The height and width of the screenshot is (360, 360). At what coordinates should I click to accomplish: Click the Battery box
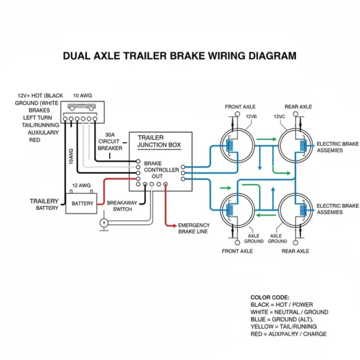(x=82, y=203)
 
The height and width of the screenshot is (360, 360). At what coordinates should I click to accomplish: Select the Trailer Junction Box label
(x=158, y=141)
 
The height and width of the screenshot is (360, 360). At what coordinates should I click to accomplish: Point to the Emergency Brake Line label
(x=194, y=228)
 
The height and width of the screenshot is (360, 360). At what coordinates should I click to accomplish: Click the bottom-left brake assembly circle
(x=237, y=209)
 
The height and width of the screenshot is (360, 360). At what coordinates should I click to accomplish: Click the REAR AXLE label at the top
(x=298, y=107)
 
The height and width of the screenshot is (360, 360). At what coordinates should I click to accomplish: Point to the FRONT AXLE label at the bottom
(x=237, y=251)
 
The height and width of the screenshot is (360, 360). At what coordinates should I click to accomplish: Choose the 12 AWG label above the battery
(x=81, y=186)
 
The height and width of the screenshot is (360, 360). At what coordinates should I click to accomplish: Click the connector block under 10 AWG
(x=82, y=112)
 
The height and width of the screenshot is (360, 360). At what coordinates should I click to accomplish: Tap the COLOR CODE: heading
(x=270, y=297)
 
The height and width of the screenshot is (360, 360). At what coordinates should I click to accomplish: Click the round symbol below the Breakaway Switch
(x=104, y=223)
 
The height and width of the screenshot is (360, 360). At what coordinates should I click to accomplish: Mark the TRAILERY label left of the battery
(x=44, y=201)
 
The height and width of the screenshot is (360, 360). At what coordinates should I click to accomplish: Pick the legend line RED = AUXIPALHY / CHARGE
(x=288, y=334)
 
